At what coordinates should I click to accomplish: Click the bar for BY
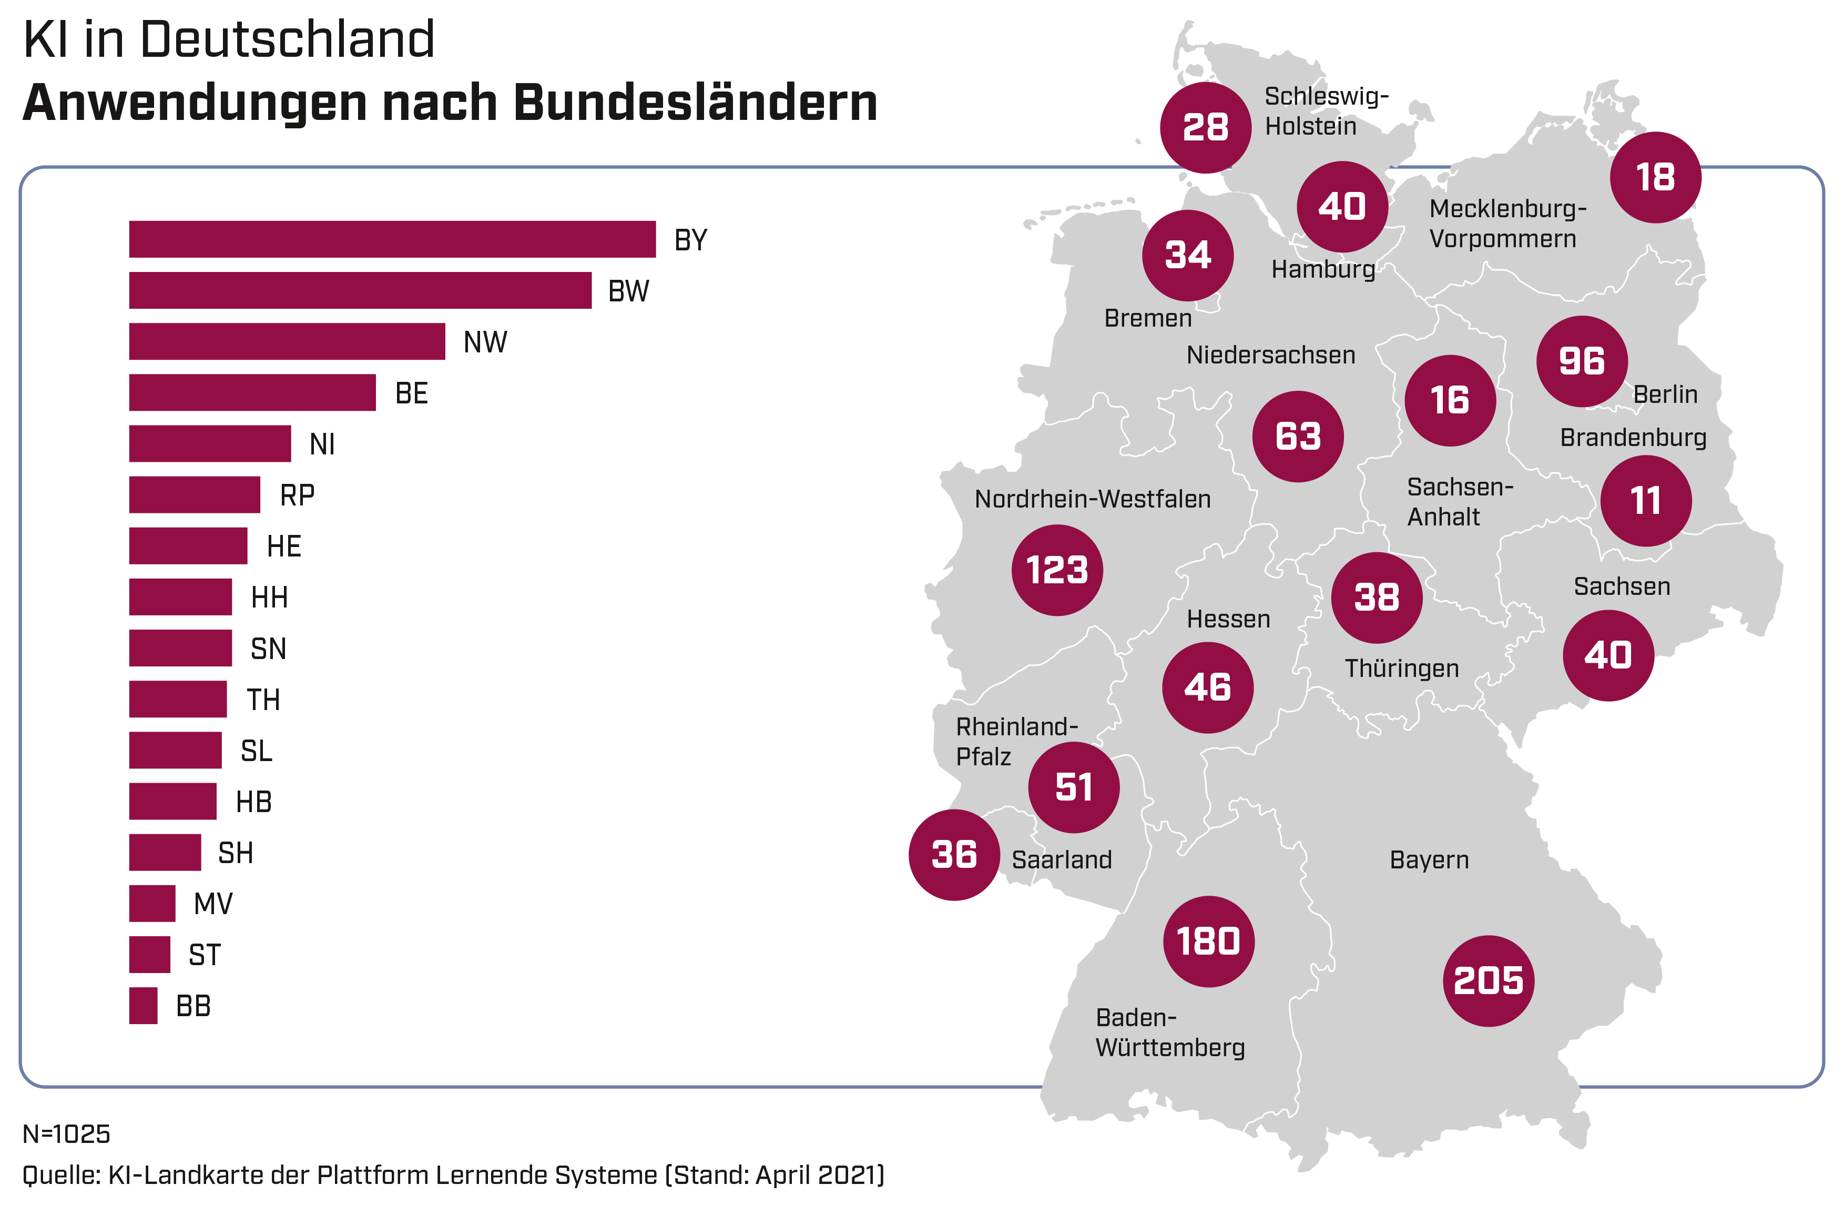tap(392, 239)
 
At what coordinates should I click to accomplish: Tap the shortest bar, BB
tap(144, 1005)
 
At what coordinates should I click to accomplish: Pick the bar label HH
tap(270, 598)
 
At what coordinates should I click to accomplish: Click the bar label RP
tap(298, 495)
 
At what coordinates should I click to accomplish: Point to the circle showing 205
tap(1488, 980)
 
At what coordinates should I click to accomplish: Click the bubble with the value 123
tap(1057, 570)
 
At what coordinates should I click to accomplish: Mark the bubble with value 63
tap(1298, 436)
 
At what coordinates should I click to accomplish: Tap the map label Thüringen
tap(1402, 668)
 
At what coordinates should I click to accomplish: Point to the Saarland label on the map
tap(1062, 859)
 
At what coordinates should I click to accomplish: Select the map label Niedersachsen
tap(1271, 355)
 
